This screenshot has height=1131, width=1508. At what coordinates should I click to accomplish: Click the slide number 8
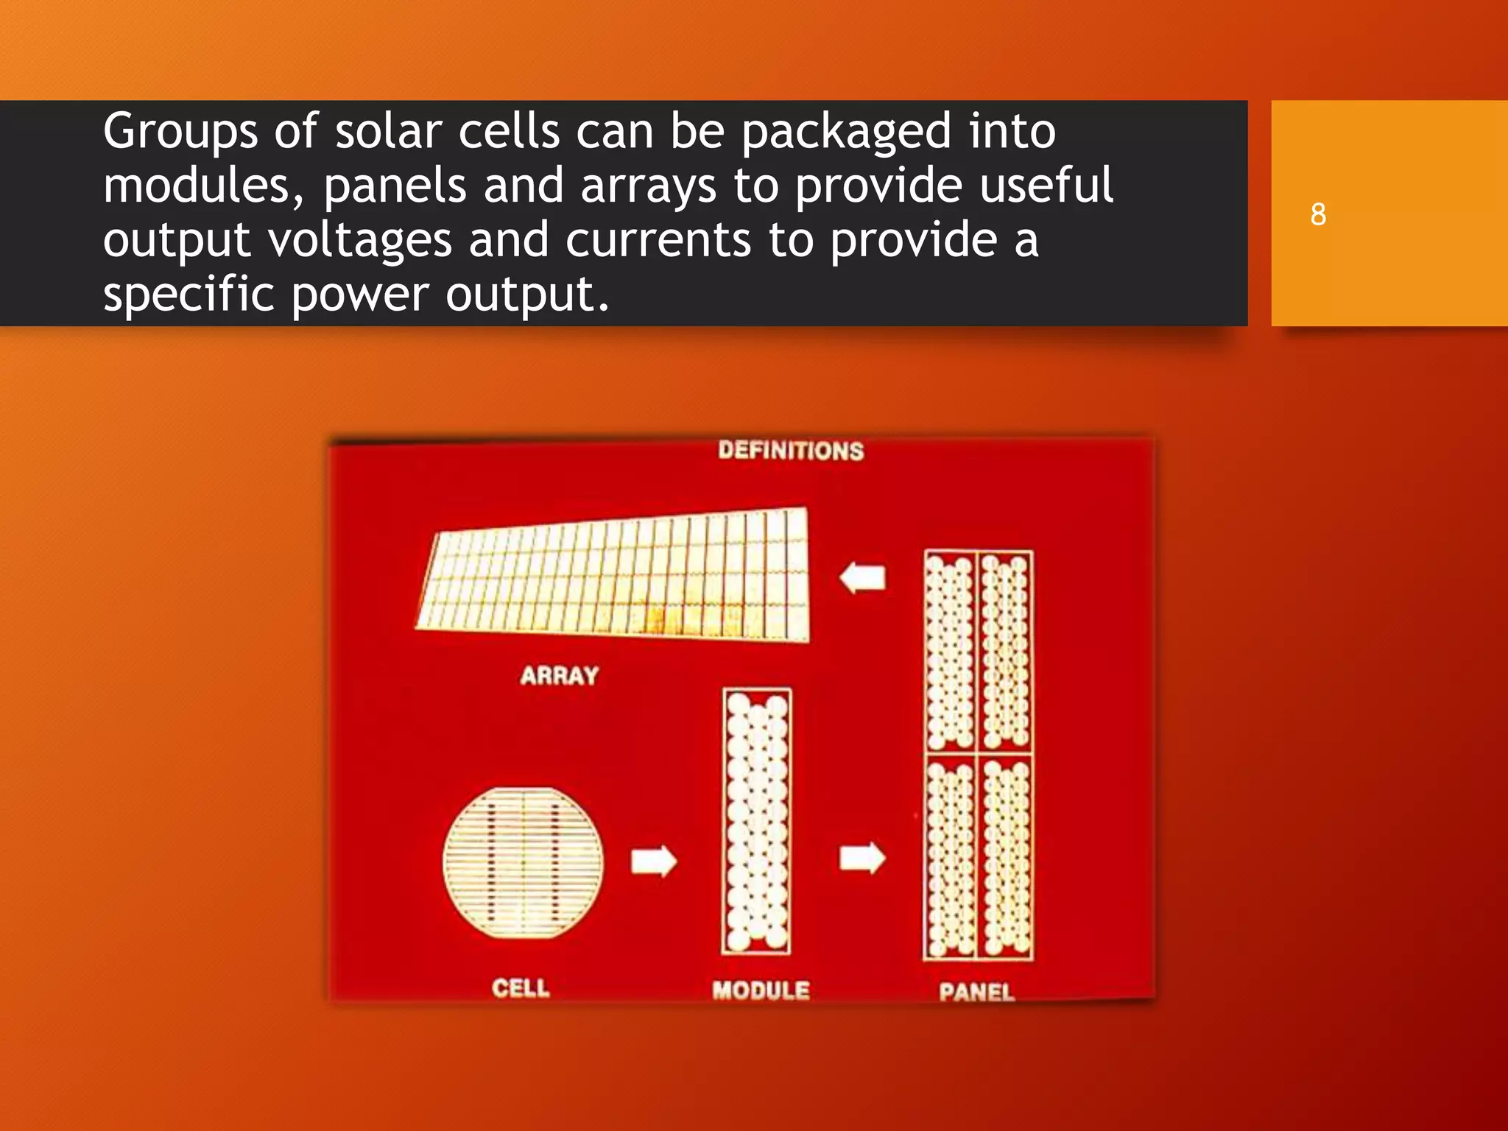1318,214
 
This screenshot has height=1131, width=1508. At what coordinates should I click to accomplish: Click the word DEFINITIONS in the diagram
791,451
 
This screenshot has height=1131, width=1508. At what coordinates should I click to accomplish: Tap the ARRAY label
559,675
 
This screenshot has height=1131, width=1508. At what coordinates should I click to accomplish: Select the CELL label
521,987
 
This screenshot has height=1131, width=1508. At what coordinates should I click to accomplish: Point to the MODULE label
761,990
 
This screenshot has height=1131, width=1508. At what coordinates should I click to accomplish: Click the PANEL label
976,992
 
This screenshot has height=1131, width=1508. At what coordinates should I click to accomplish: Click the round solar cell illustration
523,862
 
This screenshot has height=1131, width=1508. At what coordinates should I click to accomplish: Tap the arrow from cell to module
654,860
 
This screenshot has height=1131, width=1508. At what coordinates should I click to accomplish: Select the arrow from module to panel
862,858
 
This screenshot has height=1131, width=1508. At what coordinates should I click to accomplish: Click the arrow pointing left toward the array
862,577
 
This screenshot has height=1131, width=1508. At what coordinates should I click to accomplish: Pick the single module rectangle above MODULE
757,821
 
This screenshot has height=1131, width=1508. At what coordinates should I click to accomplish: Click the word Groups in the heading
180,132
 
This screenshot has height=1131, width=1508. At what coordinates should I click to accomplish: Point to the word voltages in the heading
359,241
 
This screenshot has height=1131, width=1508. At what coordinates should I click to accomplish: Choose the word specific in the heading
188,295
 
